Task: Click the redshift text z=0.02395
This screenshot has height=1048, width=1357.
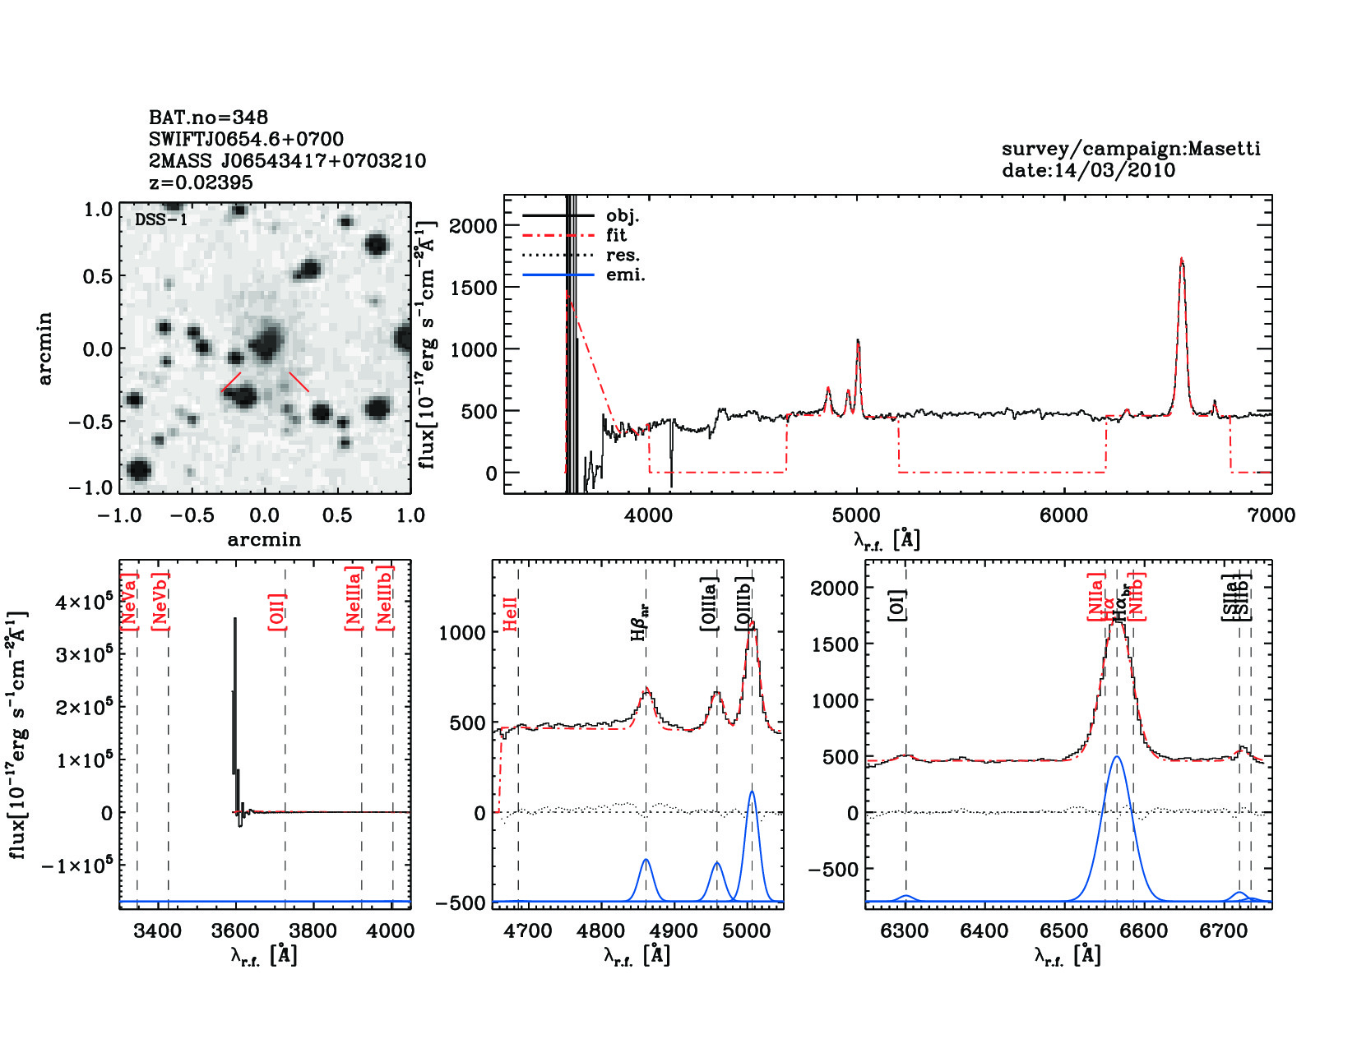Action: [200, 182]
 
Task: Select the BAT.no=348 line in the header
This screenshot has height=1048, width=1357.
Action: [208, 118]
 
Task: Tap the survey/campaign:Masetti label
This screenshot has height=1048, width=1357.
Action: [1131, 149]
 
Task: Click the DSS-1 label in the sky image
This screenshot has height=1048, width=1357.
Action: [161, 219]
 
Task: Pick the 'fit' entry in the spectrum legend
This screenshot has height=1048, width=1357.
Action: [616, 235]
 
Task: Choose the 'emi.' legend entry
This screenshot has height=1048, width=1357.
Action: [625, 275]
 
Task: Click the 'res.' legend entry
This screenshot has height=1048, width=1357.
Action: [623, 255]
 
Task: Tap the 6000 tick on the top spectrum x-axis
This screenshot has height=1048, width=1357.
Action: [1063, 515]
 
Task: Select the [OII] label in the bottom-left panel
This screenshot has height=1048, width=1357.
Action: [277, 612]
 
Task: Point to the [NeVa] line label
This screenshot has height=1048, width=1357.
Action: [129, 602]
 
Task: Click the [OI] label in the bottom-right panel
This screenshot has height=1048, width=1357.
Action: [896, 605]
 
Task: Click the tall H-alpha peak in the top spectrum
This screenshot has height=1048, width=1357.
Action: [1182, 261]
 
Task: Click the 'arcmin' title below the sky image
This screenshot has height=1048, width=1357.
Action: [264, 540]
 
